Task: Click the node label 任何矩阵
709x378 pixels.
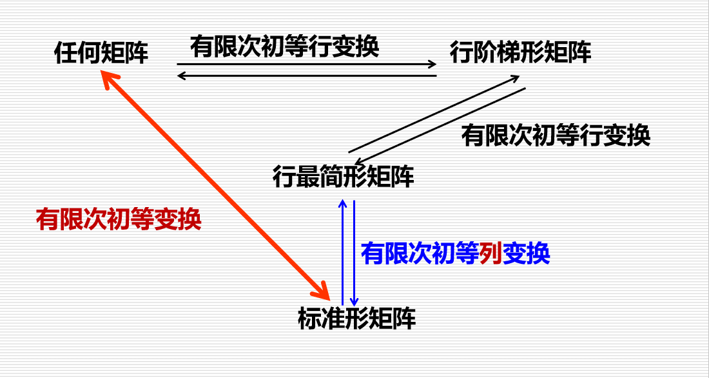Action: point(101,54)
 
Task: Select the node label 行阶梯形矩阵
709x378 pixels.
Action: point(520,52)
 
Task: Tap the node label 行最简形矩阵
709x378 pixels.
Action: point(343,176)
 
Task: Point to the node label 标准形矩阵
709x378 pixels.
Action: point(356,319)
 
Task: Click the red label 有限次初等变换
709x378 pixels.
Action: point(119,220)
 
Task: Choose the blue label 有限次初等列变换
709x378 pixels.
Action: point(455,253)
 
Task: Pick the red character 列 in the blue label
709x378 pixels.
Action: point(490,253)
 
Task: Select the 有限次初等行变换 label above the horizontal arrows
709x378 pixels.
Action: point(284,47)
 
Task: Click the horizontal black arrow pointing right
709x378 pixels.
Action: point(307,64)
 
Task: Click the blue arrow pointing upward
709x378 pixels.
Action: point(342,252)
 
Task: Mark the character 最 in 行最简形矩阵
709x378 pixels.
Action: point(308,176)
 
